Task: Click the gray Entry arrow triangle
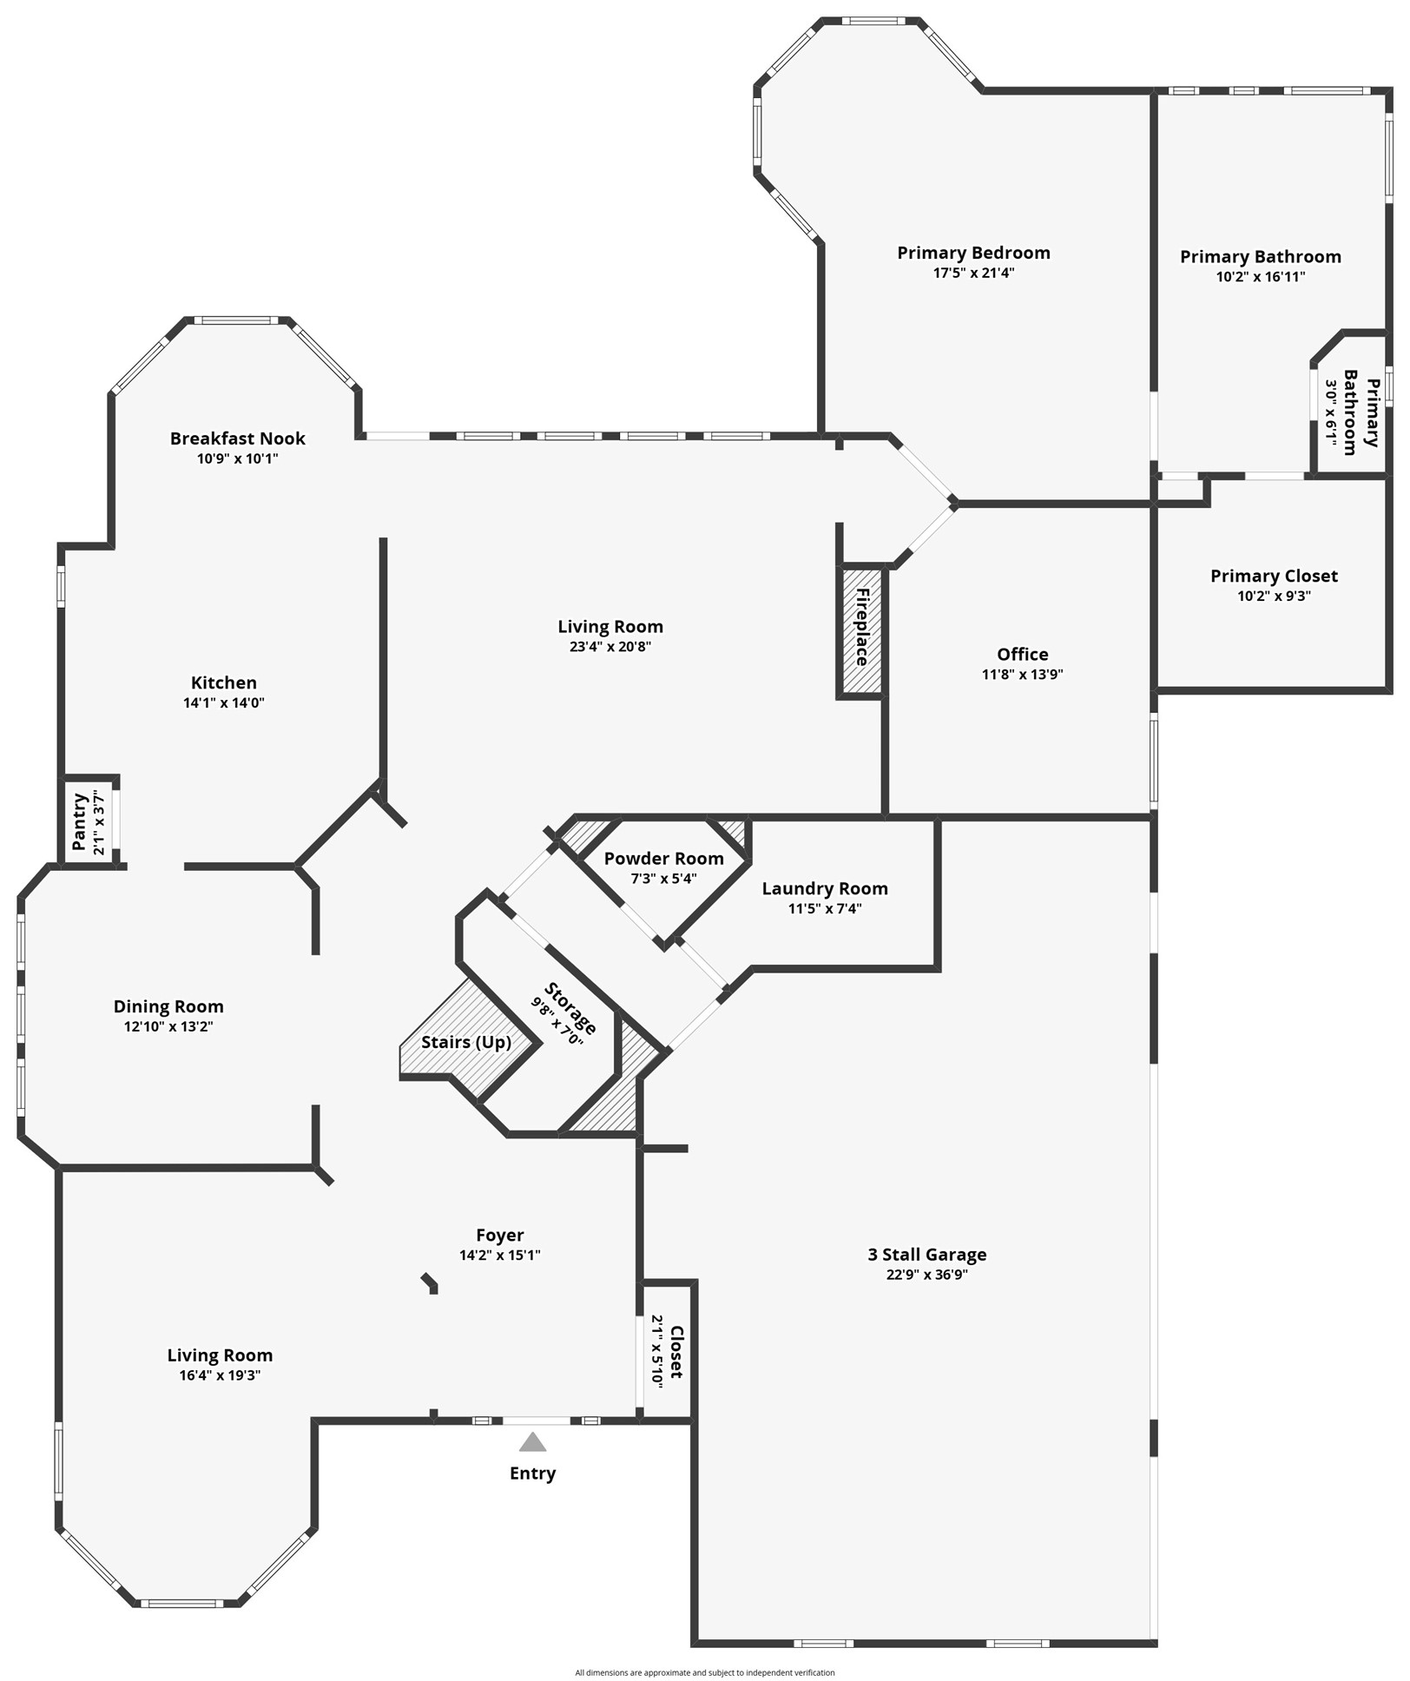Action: coord(532,1442)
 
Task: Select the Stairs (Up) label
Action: coord(466,1042)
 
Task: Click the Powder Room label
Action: coord(663,858)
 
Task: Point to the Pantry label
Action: coord(79,821)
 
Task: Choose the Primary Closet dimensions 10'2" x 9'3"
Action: coord(1274,596)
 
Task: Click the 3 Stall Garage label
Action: coord(926,1254)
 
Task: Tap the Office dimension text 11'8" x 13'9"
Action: coord(1022,674)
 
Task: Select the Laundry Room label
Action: coord(825,888)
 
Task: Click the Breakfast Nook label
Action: coord(237,438)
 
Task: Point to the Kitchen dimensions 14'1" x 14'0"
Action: coord(223,702)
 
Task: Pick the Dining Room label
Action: coord(168,1006)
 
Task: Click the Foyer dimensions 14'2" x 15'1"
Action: coord(499,1255)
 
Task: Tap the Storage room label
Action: coord(570,1008)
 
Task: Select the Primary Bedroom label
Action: coord(973,253)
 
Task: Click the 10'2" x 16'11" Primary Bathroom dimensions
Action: coord(1260,277)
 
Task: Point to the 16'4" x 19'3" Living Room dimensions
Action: coord(220,1375)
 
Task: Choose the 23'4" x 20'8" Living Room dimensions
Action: coord(609,646)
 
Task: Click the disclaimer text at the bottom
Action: coord(704,1672)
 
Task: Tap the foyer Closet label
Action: coord(676,1352)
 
